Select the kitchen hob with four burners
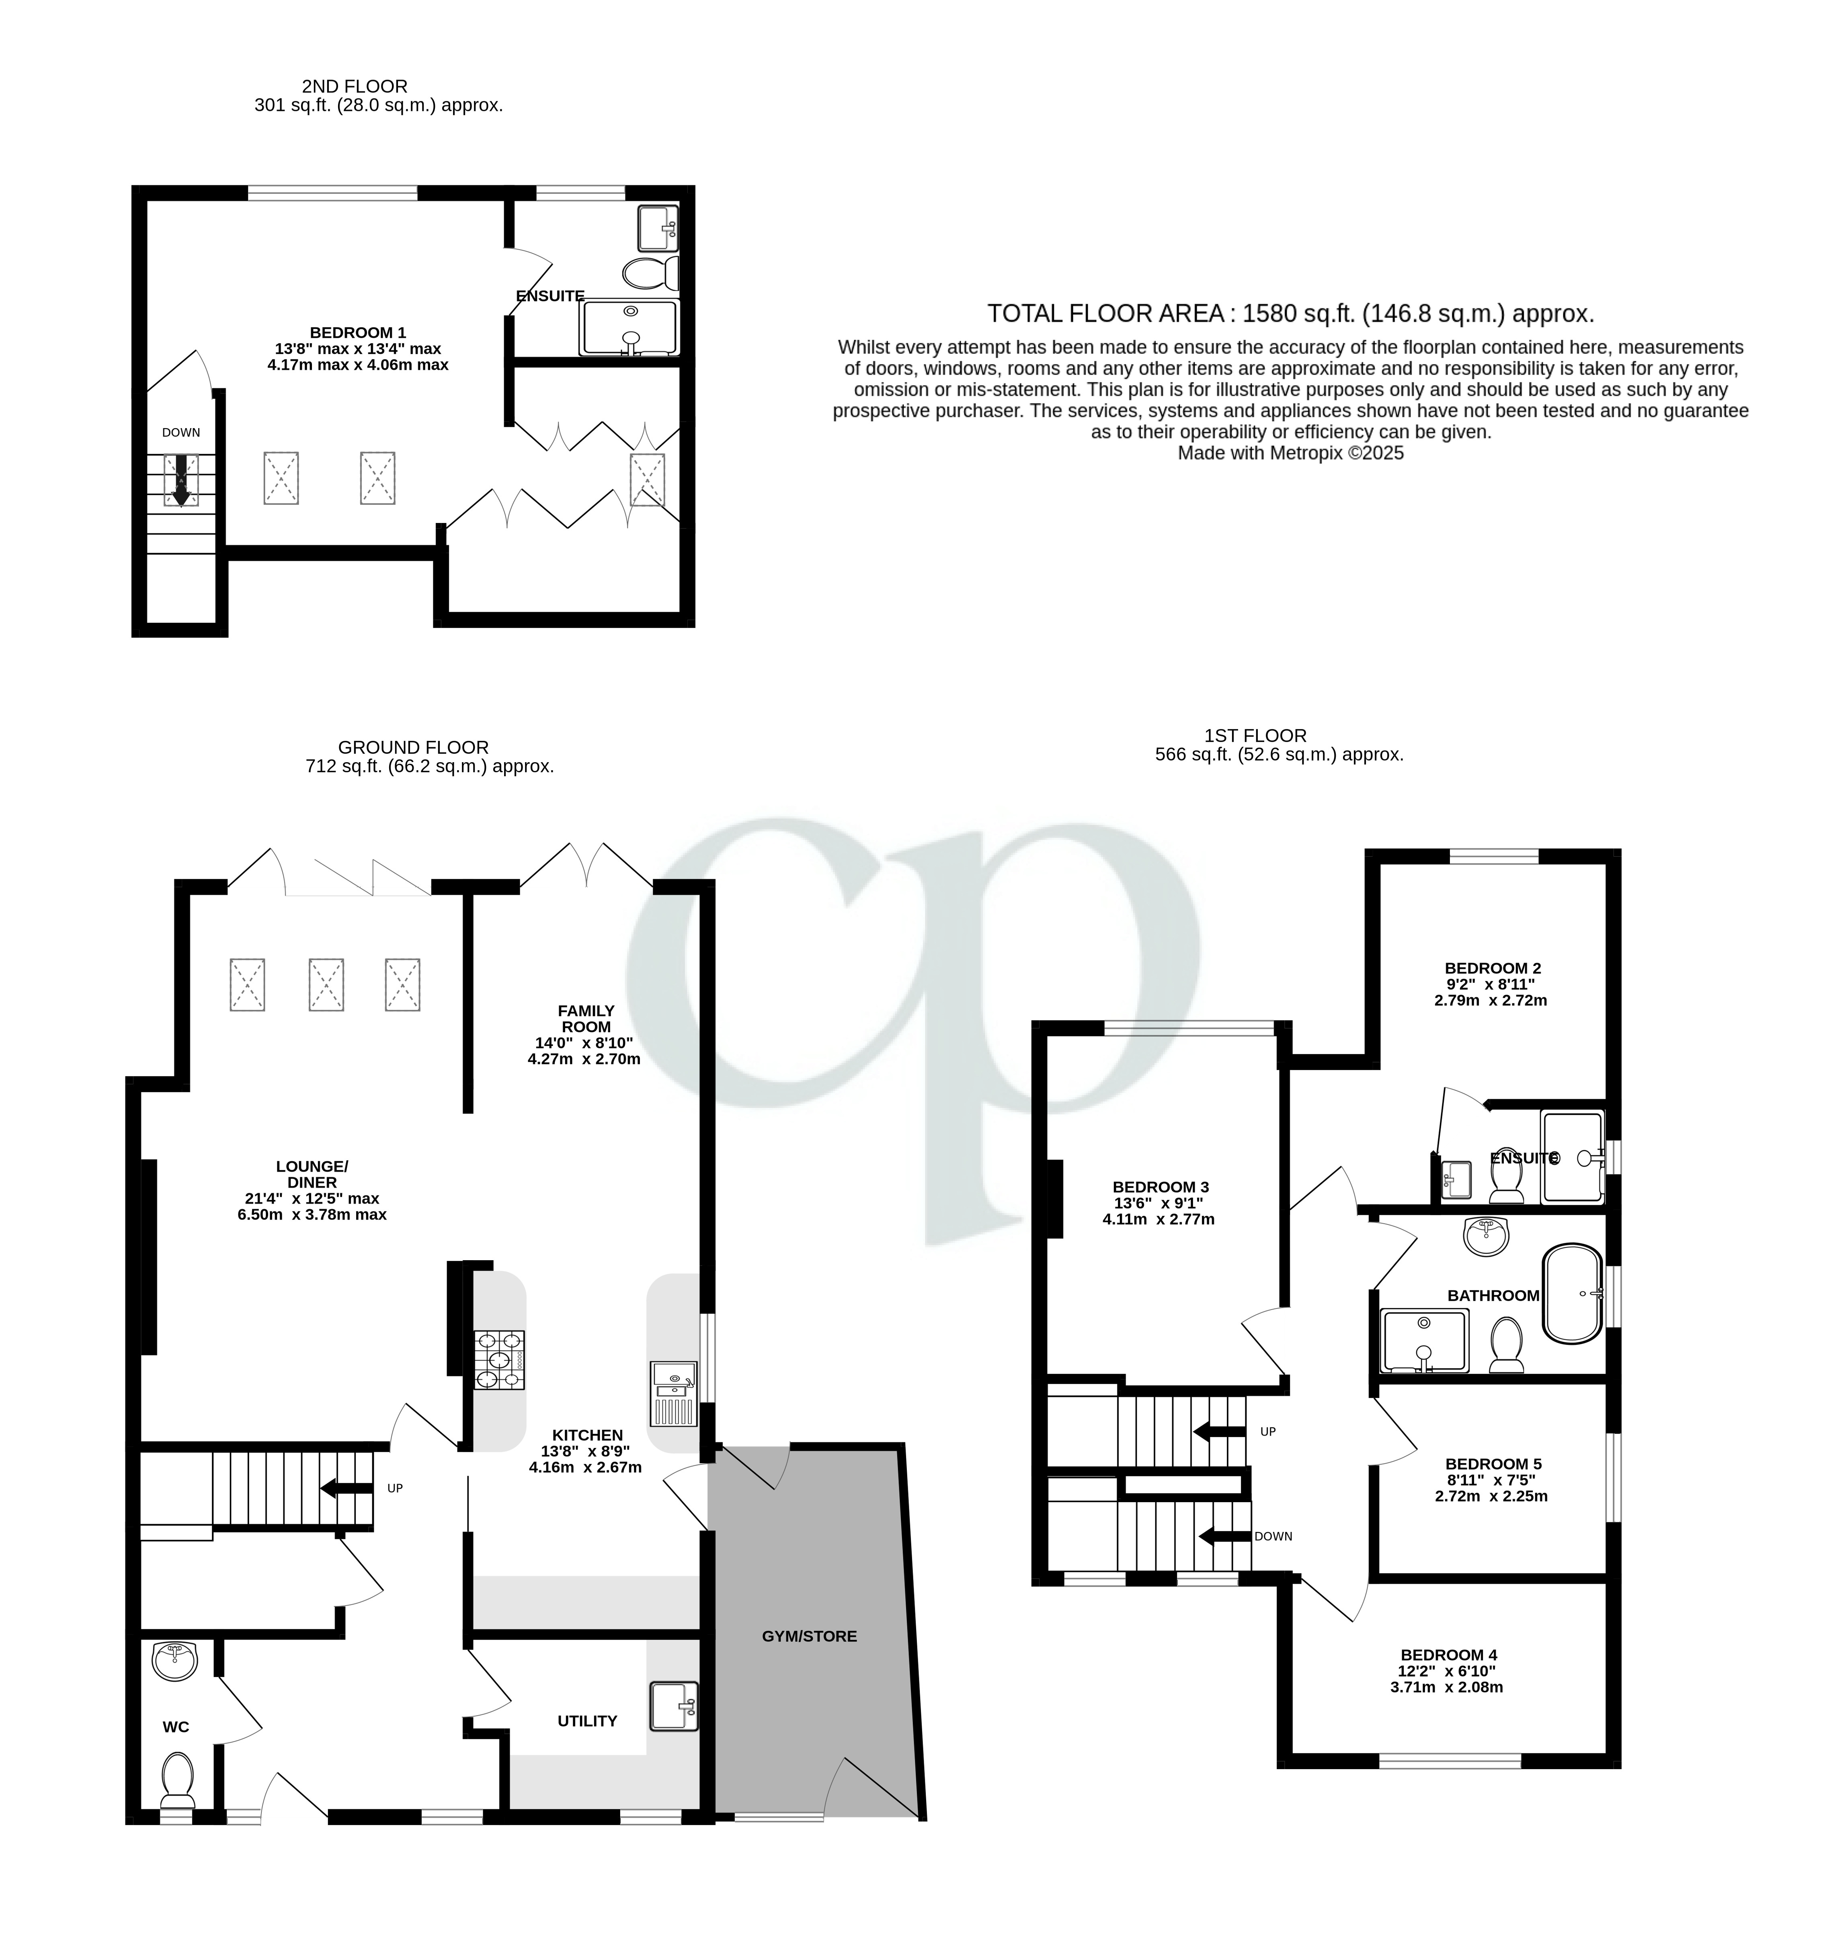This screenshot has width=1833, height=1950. pos(499,1359)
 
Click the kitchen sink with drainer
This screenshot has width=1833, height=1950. pos(673,1394)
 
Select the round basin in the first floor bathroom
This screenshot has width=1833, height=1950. pos(1488,1236)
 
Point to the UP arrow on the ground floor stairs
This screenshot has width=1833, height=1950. pos(345,1488)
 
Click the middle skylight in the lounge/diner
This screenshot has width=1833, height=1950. pos(326,985)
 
